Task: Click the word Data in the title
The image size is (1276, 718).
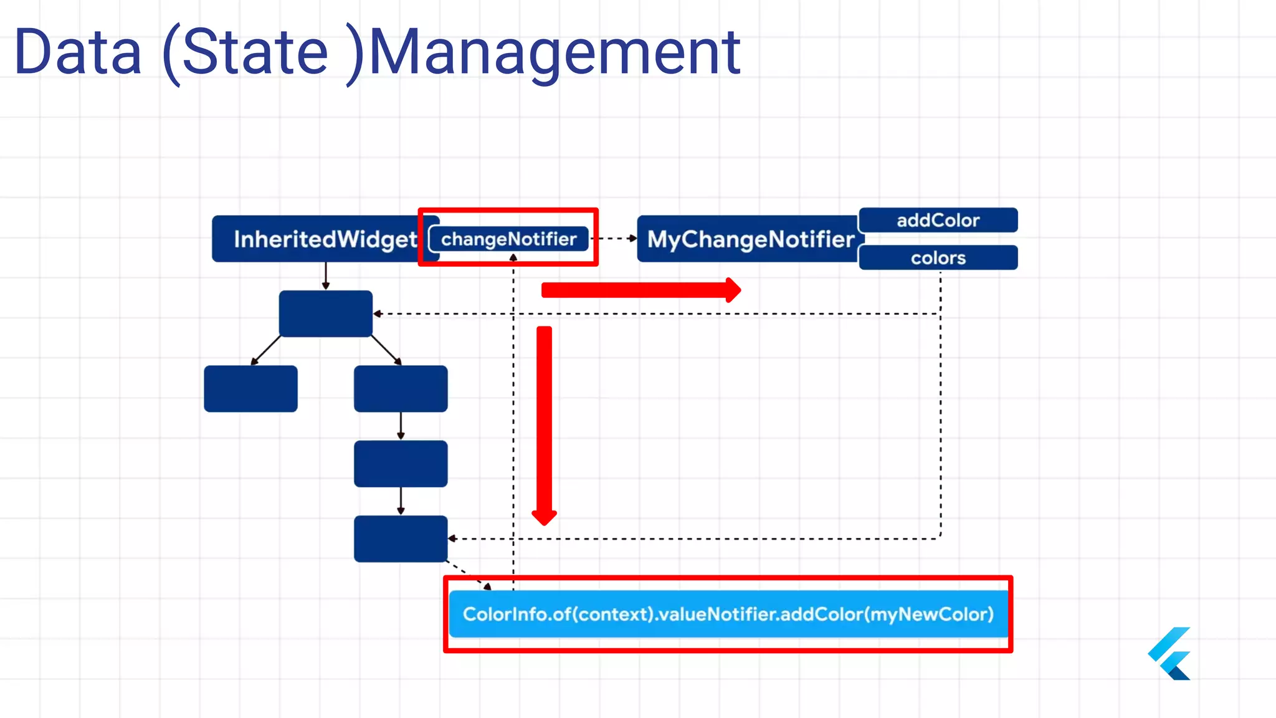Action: [x=78, y=52]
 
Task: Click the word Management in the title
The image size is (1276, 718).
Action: [x=555, y=52]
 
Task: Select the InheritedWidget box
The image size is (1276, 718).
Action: [x=318, y=239]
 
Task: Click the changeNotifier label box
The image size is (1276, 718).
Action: [x=508, y=239]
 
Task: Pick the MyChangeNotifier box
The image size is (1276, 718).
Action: [x=750, y=239]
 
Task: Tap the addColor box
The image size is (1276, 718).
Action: [x=938, y=220]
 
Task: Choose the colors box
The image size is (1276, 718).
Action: [x=938, y=257]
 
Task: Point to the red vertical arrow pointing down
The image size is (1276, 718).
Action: [x=545, y=424]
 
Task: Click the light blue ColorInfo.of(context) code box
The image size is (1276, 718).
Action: [x=728, y=614]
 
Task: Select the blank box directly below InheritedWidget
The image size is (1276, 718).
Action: [x=325, y=314]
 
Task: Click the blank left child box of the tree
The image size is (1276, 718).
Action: [x=250, y=388]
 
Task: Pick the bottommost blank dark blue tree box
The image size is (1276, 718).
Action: [x=400, y=538]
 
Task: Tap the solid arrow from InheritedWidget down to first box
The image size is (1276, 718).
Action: [x=325, y=275]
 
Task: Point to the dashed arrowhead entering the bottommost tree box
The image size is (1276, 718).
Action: [x=452, y=538]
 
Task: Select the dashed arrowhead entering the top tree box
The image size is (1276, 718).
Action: [x=378, y=314]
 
